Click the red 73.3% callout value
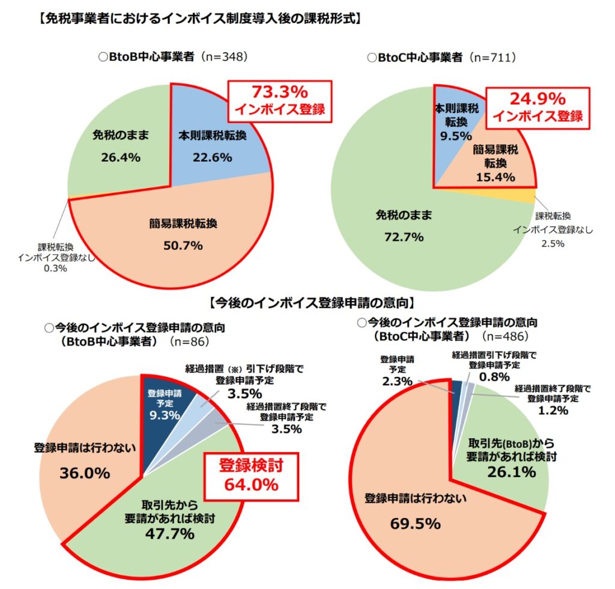click(279, 93)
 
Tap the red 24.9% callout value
click(538, 99)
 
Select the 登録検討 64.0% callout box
click(251, 474)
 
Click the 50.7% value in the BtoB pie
click(184, 245)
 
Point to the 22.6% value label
click(212, 158)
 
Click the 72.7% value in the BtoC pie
click(404, 237)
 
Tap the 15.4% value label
click(495, 177)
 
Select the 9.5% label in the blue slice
click(455, 135)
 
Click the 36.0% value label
click(85, 473)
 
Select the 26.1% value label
click(510, 472)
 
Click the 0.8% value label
click(494, 377)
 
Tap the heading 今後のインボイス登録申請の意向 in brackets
click(307, 301)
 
